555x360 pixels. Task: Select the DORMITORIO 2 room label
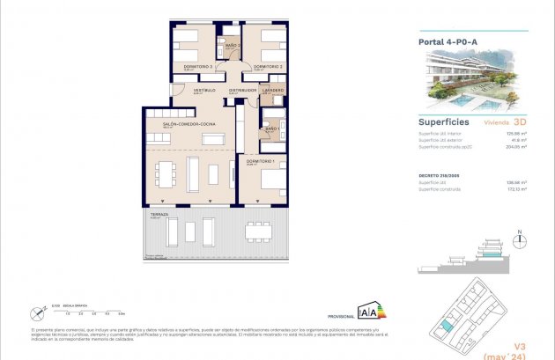pos(267,67)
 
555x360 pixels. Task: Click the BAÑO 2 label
pos(233,45)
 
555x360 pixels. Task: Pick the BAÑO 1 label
pos(272,129)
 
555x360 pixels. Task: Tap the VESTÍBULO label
pos(205,90)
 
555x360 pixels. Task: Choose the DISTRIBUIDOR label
pos(242,90)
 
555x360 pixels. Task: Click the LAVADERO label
pos(273,90)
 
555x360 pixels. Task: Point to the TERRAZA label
pos(159,215)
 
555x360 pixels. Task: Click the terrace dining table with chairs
pos(259,231)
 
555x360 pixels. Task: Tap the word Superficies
pos(443,123)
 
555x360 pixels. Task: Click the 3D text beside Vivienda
pos(519,123)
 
